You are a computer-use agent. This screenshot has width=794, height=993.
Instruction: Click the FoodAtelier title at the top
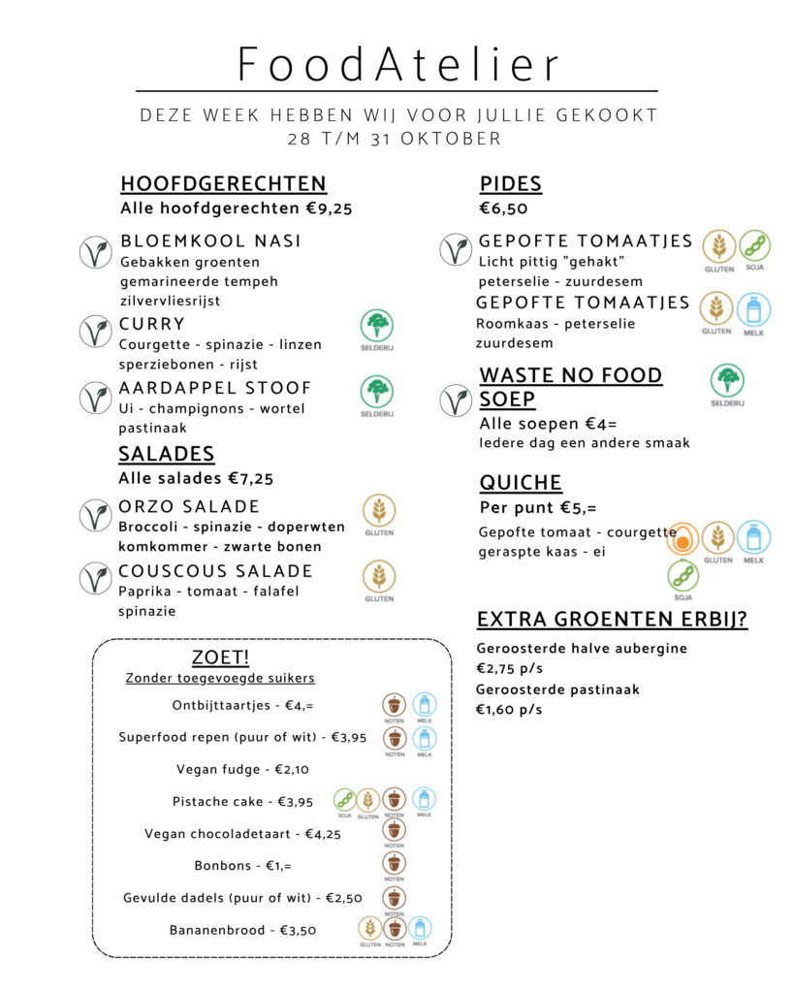(x=398, y=65)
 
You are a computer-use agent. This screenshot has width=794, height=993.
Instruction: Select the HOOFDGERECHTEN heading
(x=223, y=184)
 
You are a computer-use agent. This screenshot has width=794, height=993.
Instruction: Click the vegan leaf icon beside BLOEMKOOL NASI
(x=95, y=252)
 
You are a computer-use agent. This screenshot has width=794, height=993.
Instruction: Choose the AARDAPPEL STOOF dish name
(x=215, y=388)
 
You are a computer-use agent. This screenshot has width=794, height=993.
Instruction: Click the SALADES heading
(x=167, y=454)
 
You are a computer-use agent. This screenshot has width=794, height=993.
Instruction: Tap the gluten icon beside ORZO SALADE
(x=379, y=510)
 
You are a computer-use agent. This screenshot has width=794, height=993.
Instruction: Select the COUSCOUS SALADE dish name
(x=215, y=571)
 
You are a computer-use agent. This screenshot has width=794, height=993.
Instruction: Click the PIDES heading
(x=510, y=184)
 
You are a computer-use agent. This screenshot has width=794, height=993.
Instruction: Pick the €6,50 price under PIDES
(x=503, y=208)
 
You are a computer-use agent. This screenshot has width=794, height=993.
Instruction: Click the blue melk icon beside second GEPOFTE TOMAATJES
(x=754, y=309)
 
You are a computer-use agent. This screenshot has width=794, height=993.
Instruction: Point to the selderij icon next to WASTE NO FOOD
(x=727, y=381)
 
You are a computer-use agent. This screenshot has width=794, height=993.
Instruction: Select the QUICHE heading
(x=521, y=483)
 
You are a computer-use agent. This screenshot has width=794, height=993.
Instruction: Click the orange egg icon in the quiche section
(x=683, y=538)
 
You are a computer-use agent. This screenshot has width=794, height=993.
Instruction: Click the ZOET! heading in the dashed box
(x=220, y=657)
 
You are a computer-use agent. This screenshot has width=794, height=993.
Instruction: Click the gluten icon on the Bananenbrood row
(x=369, y=928)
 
